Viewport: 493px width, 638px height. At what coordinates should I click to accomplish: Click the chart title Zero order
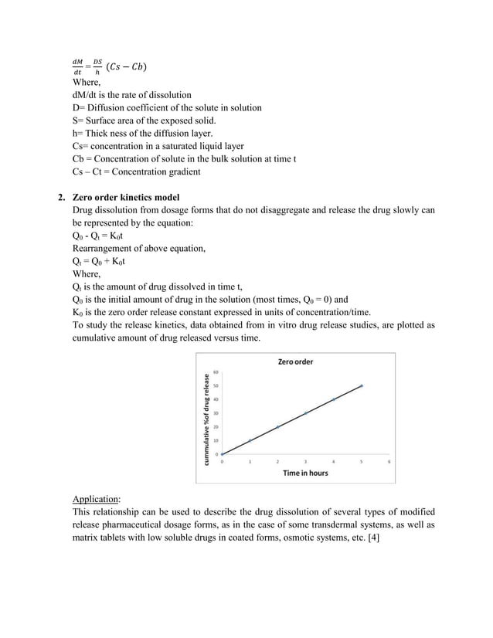(x=295, y=361)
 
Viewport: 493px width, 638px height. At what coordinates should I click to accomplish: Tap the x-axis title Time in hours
(x=304, y=472)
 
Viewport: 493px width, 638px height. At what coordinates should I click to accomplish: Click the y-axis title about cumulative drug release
(x=206, y=418)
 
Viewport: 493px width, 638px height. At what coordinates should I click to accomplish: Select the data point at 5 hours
(x=361, y=385)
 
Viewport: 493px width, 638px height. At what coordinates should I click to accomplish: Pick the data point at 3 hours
(x=305, y=413)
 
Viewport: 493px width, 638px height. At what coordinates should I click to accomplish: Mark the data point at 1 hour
(x=250, y=440)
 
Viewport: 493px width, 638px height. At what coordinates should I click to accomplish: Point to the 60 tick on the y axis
(x=216, y=372)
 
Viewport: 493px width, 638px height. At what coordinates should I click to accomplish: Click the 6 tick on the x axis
(x=389, y=461)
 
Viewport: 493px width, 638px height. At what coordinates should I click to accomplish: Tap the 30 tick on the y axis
(x=216, y=412)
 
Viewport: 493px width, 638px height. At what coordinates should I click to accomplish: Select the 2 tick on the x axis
(x=277, y=461)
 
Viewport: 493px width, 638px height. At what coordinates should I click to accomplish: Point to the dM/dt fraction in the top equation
(x=77, y=66)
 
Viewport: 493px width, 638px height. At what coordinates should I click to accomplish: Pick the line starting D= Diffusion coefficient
(x=166, y=107)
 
